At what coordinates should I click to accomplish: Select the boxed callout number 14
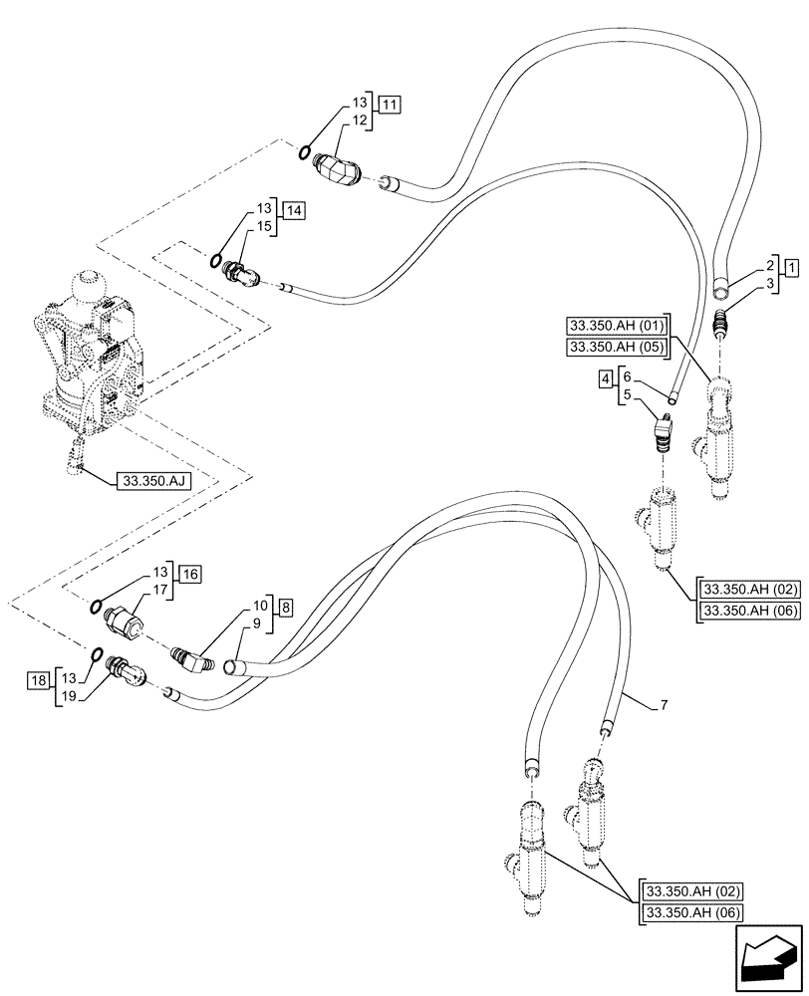[x=293, y=210]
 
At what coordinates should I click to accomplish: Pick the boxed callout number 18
[x=37, y=680]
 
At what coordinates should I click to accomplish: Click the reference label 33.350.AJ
[x=153, y=480]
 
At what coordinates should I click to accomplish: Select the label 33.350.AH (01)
[x=618, y=326]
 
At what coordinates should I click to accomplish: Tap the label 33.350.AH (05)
[x=618, y=346]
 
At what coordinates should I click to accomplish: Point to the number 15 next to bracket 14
[x=263, y=227]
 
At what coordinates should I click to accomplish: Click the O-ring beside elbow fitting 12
[x=302, y=151]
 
